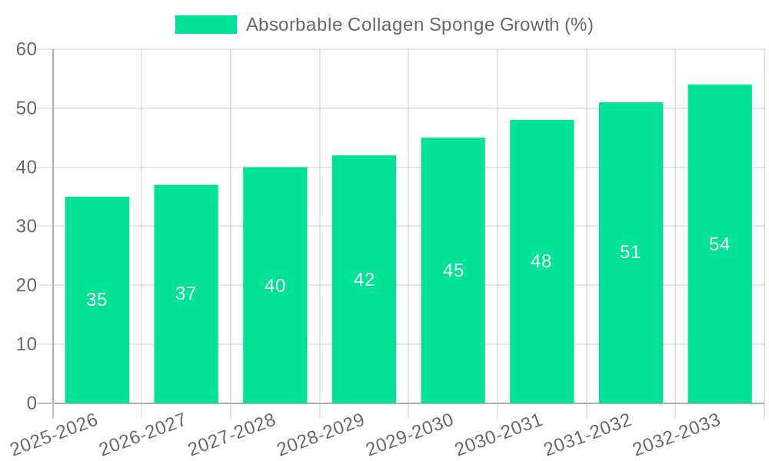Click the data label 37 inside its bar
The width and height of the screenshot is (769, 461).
(186, 294)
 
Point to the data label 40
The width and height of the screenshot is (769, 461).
(275, 286)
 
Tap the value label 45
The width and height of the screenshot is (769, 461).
(453, 270)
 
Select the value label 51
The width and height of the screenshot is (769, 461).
(631, 252)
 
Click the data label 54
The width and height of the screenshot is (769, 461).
(720, 244)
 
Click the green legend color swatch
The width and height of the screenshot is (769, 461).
(206, 25)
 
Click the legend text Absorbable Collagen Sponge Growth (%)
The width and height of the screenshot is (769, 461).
(419, 25)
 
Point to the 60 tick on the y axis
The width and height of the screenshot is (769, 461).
(27, 49)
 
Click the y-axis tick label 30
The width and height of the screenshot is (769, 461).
(27, 226)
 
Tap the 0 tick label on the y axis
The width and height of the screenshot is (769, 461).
(32, 403)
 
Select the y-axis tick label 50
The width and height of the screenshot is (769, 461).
(27, 108)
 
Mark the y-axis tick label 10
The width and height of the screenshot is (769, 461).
(27, 344)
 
